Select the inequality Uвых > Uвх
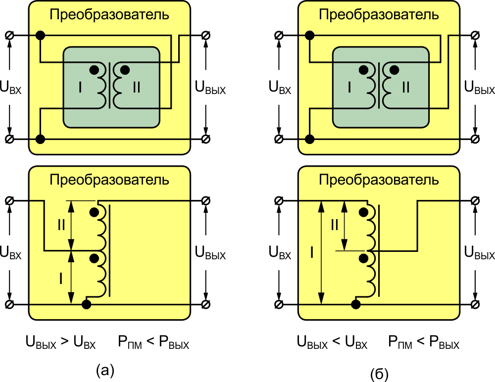[x=60, y=342]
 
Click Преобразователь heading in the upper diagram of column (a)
[x=109, y=15]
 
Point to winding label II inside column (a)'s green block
[x=137, y=88]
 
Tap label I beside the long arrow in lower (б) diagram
[x=311, y=253]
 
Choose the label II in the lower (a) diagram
[x=61, y=226]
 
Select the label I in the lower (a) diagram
[x=61, y=279]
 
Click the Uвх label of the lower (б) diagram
[x=280, y=253]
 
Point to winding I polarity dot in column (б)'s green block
[x=363, y=69]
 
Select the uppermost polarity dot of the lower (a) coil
[x=94, y=213]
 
